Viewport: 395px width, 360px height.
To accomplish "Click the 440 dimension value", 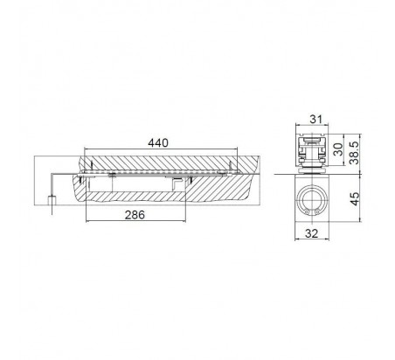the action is click(x=158, y=142).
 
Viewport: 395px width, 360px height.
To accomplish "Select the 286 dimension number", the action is click(x=135, y=215).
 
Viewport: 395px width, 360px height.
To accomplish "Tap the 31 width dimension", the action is click(x=316, y=119).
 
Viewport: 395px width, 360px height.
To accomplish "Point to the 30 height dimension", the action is click(x=338, y=149).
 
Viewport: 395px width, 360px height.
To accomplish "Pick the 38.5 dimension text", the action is click(x=355, y=153).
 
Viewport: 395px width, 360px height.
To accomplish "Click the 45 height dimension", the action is click(x=355, y=199).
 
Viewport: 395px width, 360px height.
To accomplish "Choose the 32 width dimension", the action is click(x=312, y=233).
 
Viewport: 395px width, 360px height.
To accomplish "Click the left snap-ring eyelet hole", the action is click(x=307, y=212).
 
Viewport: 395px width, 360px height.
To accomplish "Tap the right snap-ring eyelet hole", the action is click(x=317, y=212).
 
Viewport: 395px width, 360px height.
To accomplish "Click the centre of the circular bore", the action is click(x=312, y=202).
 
